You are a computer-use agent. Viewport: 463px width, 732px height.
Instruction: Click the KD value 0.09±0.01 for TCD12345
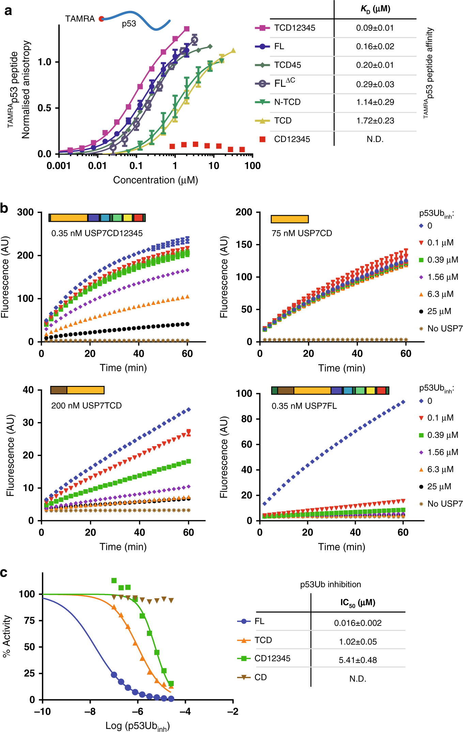(x=375, y=28)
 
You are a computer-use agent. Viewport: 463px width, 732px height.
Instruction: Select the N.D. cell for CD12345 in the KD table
(x=375, y=139)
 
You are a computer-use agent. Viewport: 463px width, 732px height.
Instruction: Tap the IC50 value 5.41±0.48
(x=358, y=660)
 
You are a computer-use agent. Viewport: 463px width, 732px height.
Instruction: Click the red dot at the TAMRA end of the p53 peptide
(x=101, y=19)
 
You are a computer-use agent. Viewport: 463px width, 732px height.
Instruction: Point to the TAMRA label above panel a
(x=80, y=19)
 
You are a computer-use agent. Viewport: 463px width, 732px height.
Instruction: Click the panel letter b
(x=4, y=208)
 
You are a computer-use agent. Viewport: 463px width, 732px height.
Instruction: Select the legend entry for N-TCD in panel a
(x=287, y=102)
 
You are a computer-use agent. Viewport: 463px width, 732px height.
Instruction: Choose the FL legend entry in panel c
(x=259, y=621)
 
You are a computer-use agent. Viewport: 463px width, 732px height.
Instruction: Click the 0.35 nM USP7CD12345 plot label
(x=97, y=233)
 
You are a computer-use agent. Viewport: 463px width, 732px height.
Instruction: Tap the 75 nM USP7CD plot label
(x=302, y=233)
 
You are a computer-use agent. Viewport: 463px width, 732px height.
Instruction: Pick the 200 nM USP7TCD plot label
(x=86, y=405)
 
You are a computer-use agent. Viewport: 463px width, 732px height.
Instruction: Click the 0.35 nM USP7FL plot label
(x=304, y=406)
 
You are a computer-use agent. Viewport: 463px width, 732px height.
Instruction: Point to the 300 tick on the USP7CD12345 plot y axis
(x=26, y=212)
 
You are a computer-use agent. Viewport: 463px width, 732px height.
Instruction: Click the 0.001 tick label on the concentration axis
(x=59, y=166)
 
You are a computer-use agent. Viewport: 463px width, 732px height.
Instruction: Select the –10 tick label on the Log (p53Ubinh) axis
(x=42, y=712)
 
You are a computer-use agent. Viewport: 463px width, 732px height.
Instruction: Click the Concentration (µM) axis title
(x=155, y=180)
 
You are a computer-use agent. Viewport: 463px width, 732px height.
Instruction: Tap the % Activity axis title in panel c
(x=6, y=636)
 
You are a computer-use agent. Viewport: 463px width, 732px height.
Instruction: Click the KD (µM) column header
(x=375, y=9)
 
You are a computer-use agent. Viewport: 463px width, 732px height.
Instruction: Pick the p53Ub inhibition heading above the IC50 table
(x=330, y=584)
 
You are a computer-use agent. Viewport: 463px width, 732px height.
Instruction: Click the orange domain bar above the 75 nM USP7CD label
(x=290, y=219)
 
